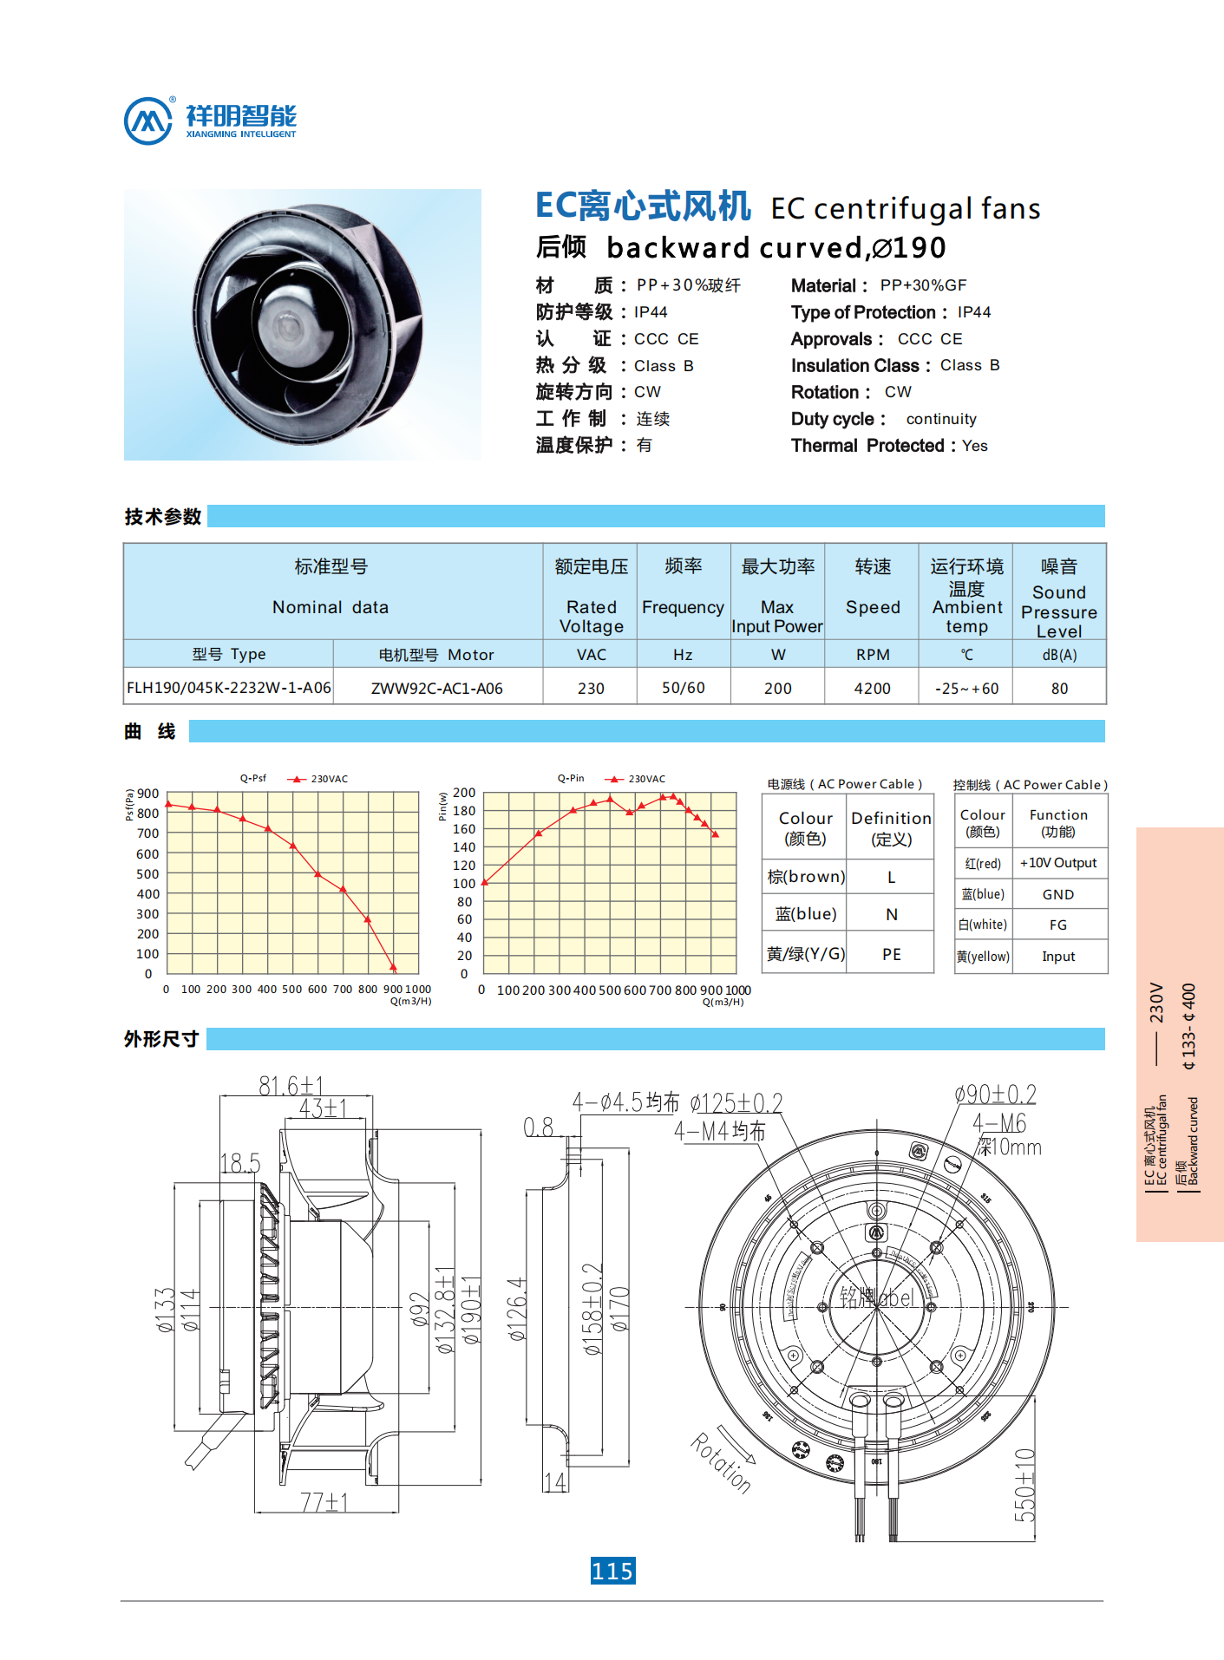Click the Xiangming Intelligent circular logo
(148, 121)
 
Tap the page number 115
(612, 1571)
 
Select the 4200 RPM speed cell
(872, 688)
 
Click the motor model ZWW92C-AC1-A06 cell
(436, 689)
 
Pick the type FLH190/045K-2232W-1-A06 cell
(229, 688)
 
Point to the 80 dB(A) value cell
(1059, 688)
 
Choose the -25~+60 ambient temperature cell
(966, 688)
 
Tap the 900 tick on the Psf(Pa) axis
(148, 794)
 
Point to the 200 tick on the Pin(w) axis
(464, 793)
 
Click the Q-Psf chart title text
(253, 778)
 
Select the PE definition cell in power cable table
(891, 954)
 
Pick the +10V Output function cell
(1057, 863)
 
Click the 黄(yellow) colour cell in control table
(983, 957)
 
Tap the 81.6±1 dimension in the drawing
(291, 1085)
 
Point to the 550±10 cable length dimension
(1024, 1484)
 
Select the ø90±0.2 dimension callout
(995, 1094)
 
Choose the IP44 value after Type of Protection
(974, 312)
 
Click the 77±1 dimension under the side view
(324, 1502)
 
